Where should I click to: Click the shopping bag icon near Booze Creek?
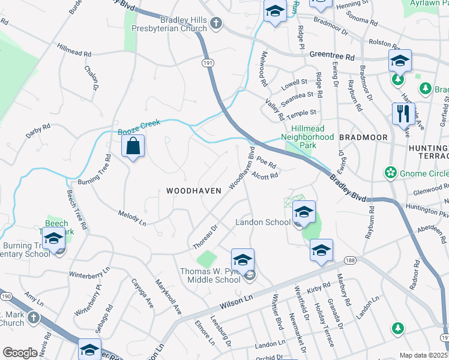[133, 146]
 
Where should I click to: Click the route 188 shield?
[351, 260]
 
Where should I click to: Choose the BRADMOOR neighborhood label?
[363, 137]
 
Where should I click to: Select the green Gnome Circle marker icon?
[391, 173]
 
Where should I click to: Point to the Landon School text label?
[263, 222]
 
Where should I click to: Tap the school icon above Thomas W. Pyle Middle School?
[243, 260]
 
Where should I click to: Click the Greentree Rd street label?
[332, 55]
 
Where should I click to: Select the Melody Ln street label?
[132, 217]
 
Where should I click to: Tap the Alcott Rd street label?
[265, 175]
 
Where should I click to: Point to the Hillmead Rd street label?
[74, 50]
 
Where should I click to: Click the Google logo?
[20, 353]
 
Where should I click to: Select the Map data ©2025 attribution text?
[423, 355]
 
